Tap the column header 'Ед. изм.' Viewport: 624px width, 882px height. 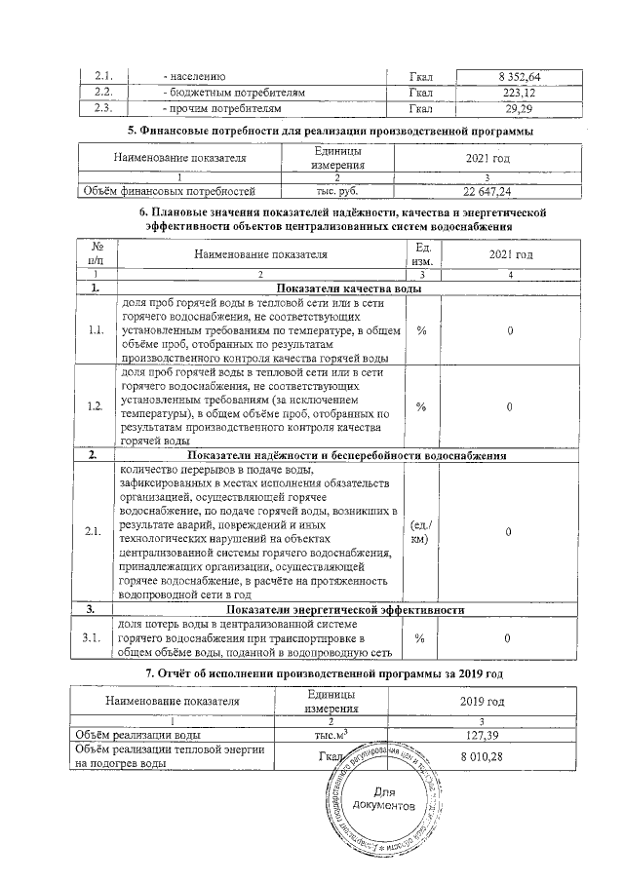422,254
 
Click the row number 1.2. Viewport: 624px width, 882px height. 96,406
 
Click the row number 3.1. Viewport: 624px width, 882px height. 96,638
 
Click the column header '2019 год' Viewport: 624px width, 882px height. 482,701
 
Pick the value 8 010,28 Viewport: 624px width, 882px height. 482,757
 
